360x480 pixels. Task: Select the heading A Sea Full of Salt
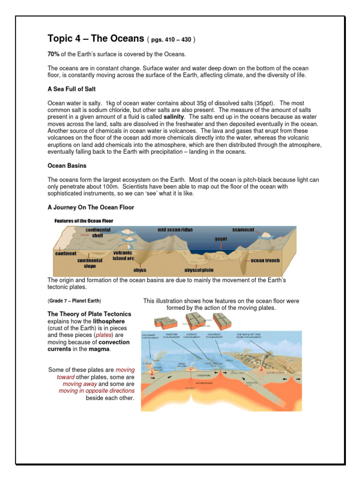click(x=72, y=89)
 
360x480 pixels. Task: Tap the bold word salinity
click(x=173, y=116)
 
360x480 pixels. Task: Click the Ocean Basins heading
click(x=66, y=165)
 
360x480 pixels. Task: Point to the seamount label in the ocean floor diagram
click(x=243, y=230)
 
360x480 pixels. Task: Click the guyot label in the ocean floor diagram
click(x=221, y=239)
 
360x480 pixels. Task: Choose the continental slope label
click(x=90, y=263)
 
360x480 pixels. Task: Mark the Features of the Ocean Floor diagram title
click(x=84, y=220)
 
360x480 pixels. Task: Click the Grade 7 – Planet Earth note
click(x=75, y=300)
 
